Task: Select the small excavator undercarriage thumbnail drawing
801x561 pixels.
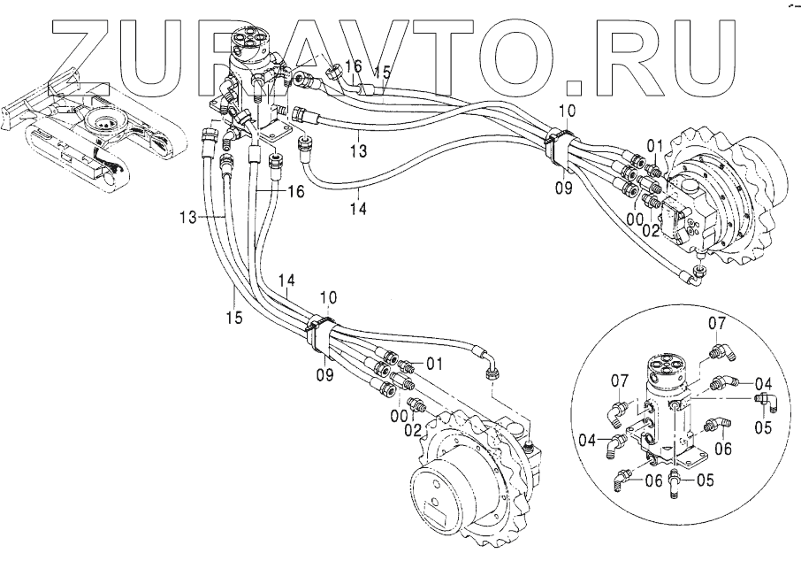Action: point(92,133)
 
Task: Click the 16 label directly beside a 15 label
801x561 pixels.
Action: point(353,66)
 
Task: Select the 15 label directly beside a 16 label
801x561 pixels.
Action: point(383,73)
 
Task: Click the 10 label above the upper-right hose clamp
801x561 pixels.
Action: point(567,111)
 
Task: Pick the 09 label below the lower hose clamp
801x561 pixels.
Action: point(324,375)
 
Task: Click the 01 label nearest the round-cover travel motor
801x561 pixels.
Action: point(433,364)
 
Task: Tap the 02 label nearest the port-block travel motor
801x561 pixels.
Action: point(651,231)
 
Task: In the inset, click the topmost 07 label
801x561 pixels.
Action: point(717,323)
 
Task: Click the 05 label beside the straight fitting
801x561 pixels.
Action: point(705,480)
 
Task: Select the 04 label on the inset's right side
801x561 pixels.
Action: point(763,383)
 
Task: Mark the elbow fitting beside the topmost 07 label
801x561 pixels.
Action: point(721,352)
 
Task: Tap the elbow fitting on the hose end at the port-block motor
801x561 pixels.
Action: point(697,275)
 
